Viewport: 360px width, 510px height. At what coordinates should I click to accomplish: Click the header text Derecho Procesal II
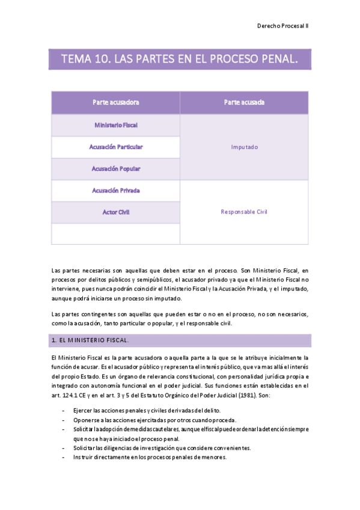click(x=282, y=26)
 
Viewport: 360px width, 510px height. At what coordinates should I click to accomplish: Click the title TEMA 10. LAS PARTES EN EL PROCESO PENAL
click(x=180, y=59)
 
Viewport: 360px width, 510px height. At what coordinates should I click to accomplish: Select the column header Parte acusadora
click(x=115, y=102)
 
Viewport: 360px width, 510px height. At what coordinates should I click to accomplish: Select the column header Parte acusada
click(x=244, y=102)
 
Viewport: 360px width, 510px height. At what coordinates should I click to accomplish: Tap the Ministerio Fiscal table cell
click(x=115, y=125)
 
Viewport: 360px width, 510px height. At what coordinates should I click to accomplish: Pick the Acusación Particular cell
click(x=115, y=147)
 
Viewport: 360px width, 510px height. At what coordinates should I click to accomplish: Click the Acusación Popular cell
click(x=115, y=169)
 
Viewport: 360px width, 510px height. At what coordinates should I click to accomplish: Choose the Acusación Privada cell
click(x=115, y=191)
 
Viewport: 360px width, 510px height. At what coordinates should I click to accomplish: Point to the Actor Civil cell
click(x=115, y=212)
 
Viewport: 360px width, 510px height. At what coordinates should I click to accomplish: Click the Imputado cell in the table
click(x=244, y=147)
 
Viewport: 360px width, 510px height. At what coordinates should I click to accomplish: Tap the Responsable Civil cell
click(x=244, y=212)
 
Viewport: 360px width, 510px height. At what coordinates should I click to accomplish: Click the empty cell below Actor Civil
click(x=115, y=234)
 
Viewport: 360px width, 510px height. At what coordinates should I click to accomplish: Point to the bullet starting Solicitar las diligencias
click(x=162, y=448)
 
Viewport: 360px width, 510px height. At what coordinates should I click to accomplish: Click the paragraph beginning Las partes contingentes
click(x=180, y=319)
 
